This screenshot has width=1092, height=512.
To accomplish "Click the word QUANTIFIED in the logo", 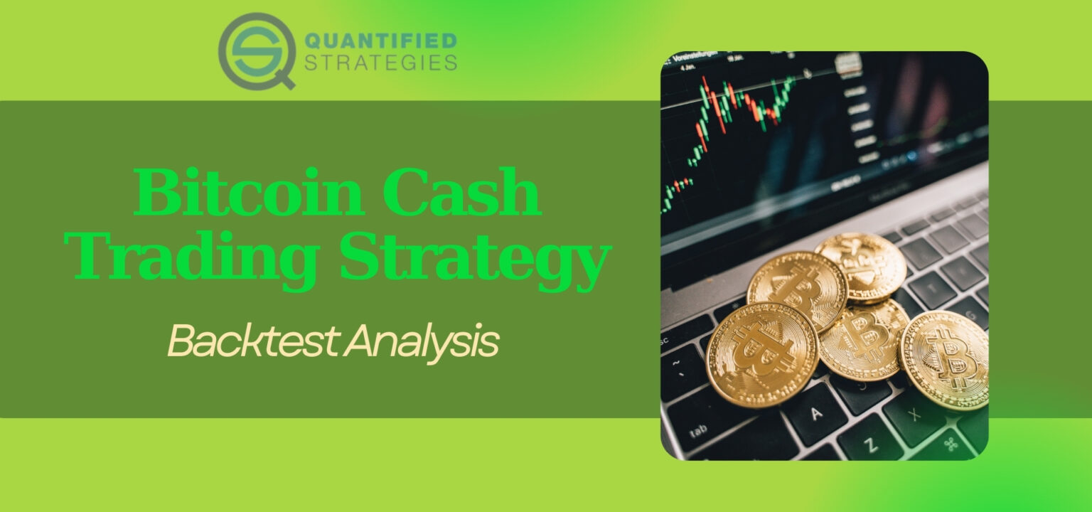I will click(x=380, y=41).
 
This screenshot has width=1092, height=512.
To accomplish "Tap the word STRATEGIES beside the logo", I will click(x=380, y=63).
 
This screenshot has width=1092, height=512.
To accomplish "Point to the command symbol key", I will click(x=952, y=444).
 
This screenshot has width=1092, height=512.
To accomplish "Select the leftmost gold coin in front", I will click(x=762, y=353).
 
